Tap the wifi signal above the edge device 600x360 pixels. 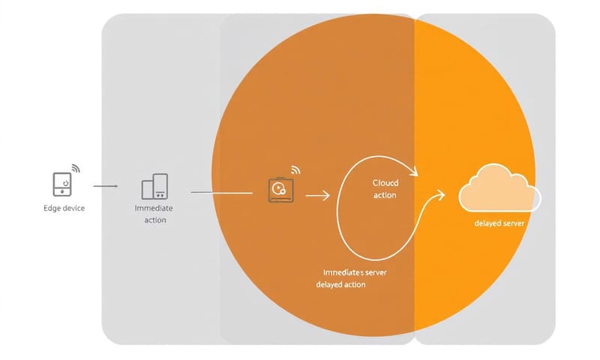(x=75, y=167)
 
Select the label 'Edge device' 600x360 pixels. (x=64, y=208)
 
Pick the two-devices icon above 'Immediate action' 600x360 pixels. (x=154, y=187)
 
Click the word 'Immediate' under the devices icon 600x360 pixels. (x=154, y=208)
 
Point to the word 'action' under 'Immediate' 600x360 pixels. (x=154, y=220)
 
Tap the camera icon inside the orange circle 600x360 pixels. (x=278, y=188)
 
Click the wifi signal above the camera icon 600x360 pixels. (x=295, y=170)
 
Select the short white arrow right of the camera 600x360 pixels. (x=318, y=196)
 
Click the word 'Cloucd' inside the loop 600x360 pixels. (x=385, y=182)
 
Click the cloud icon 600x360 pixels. (x=499, y=190)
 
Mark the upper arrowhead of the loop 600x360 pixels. (x=413, y=172)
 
